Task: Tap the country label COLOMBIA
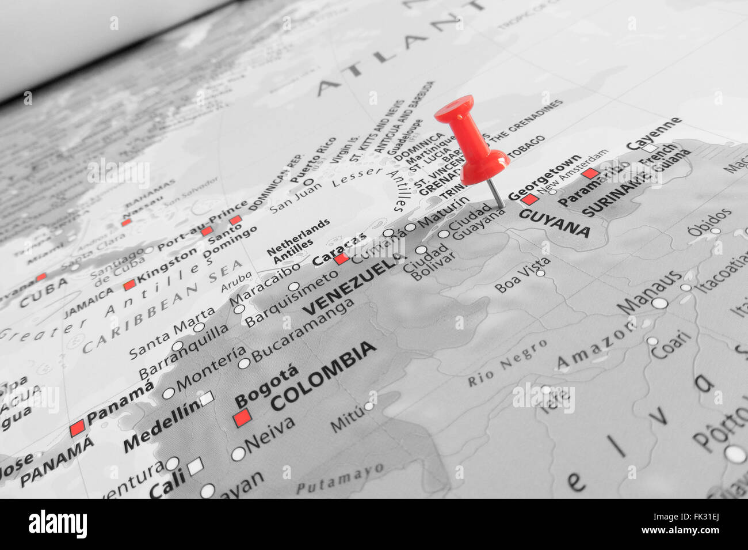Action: (323, 376)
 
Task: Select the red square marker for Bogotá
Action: (242, 418)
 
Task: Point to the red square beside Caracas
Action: (342, 259)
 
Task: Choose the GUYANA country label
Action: (554, 223)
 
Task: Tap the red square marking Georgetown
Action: (529, 200)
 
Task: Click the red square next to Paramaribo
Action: (590, 173)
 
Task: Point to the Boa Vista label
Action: (522, 275)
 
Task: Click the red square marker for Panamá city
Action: (77, 428)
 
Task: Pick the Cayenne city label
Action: (654, 133)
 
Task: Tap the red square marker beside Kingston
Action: (129, 285)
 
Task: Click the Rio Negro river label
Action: (507, 363)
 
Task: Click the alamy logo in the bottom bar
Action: (58, 524)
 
